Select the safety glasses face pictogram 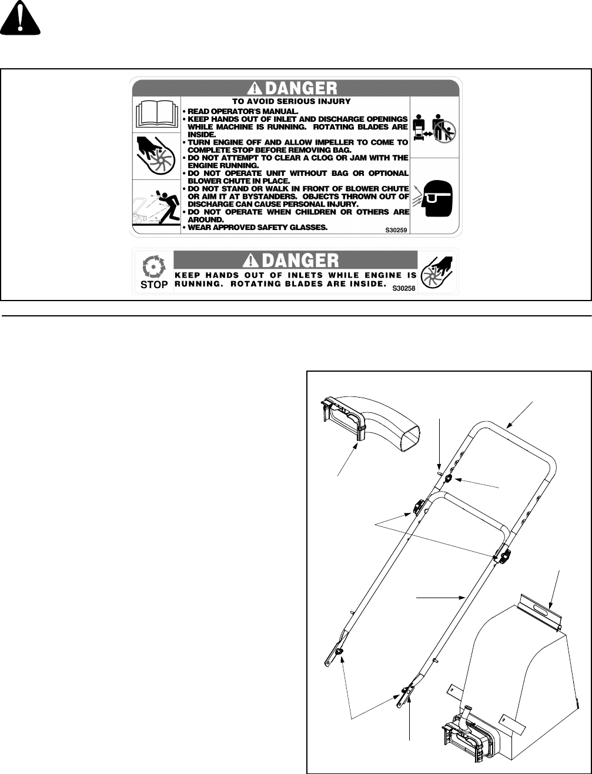(434, 196)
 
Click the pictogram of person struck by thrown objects (156, 207)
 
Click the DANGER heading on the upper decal (294, 88)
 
